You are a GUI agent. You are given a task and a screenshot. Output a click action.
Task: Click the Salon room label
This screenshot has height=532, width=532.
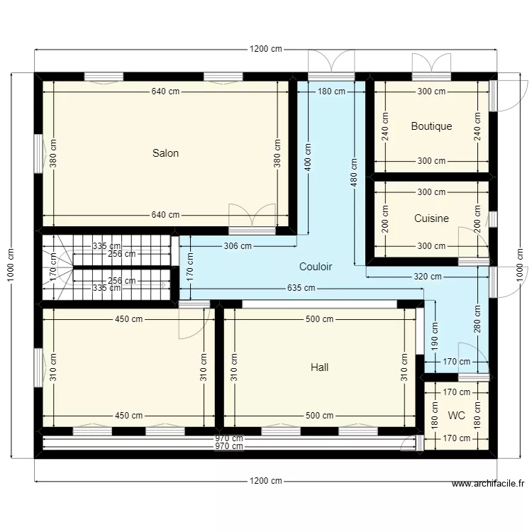(x=165, y=153)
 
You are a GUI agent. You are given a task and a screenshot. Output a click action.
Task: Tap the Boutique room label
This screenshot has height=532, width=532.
(x=431, y=126)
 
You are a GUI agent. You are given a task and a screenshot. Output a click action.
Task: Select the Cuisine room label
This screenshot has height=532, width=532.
(x=431, y=218)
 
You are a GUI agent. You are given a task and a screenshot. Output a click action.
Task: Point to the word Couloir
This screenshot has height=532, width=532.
(x=316, y=267)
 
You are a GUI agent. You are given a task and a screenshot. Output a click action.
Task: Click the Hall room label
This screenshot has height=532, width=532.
(x=319, y=367)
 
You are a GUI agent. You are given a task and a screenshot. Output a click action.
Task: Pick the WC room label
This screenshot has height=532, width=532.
(x=456, y=415)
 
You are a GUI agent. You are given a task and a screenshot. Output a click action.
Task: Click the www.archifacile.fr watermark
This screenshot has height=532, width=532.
(x=488, y=484)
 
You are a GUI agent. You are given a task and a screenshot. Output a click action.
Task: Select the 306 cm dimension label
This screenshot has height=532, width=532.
(x=238, y=246)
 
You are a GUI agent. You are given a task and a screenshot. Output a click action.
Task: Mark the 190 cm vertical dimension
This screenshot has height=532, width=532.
(x=434, y=331)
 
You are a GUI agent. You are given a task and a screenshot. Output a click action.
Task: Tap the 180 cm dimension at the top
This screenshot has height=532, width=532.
(x=331, y=92)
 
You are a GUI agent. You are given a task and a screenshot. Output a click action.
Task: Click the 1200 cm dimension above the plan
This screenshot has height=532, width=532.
(x=265, y=50)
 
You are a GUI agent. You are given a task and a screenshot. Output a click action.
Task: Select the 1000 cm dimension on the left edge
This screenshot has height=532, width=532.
(x=11, y=265)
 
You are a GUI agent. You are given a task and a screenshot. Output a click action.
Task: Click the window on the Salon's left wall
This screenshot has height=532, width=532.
(x=38, y=153)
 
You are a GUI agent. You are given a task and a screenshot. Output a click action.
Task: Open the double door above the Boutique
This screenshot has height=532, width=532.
(x=431, y=65)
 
